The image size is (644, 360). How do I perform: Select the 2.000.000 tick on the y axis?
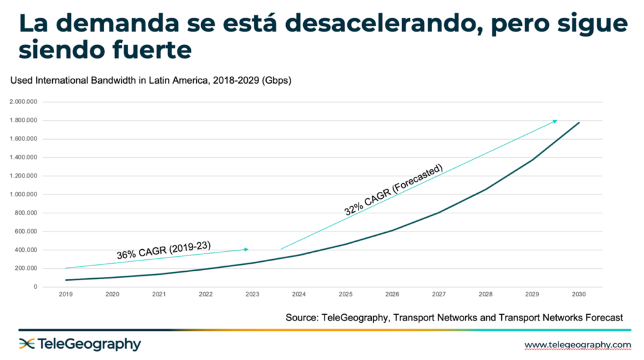tap(23, 102)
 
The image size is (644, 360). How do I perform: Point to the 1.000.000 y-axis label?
tap(23, 194)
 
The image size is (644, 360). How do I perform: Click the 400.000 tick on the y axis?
tap(26, 250)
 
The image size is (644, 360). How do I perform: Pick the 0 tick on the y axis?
tap(35, 287)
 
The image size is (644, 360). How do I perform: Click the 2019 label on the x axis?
tap(66, 294)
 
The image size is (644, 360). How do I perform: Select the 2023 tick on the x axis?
tap(252, 294)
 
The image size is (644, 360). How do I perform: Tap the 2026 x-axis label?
tap(392, 294)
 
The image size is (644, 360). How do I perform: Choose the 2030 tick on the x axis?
tap(579, 294)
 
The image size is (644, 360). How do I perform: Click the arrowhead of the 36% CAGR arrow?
tap(247, 249)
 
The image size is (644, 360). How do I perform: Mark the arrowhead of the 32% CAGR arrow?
tap(555, 120)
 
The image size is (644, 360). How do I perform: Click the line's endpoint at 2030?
tap(579, 123)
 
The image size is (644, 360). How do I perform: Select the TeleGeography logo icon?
tap(26, 344)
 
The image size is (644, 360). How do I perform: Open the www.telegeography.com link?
tap(577, 344)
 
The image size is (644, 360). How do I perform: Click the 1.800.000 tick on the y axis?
tap(23, 120)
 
